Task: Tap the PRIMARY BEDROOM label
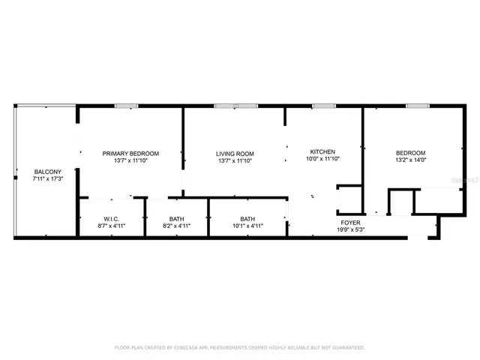[x=130, y=153]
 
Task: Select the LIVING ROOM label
[x=235, y=153]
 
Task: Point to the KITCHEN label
[x=322, y=151]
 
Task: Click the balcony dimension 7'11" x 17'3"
[x=46, y=179]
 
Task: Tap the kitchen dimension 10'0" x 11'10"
[x=323, y=159]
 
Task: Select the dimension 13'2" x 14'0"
[x=410, y=160]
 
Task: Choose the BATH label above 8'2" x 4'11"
[x=176, y=219]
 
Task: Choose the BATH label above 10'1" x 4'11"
[x=247, y=219]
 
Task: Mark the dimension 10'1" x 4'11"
[x=247, y=226]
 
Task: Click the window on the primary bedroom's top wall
[x=125, y=106]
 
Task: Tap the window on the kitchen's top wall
[x=323, y=106]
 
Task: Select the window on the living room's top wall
[x=235, y=106]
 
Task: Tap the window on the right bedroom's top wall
[x=417, y=106]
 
